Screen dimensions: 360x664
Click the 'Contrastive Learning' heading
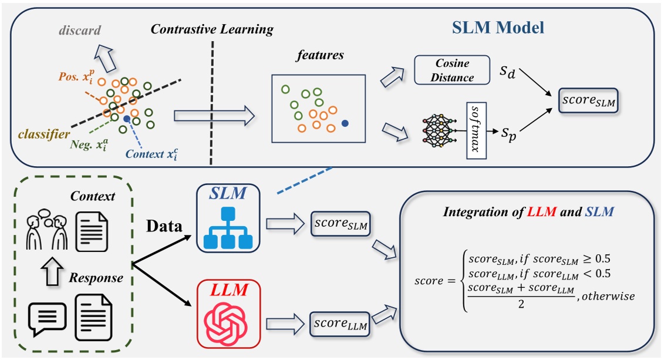(212, 29)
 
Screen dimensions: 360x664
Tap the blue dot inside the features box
(345, 123)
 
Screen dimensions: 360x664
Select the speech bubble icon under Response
(47, 319)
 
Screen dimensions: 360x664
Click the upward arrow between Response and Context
(52, 271)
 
